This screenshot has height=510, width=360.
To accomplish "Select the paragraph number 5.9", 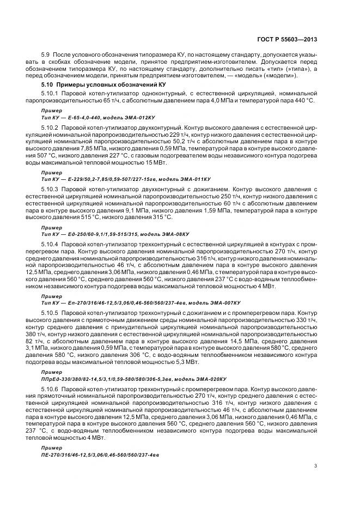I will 46,56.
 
